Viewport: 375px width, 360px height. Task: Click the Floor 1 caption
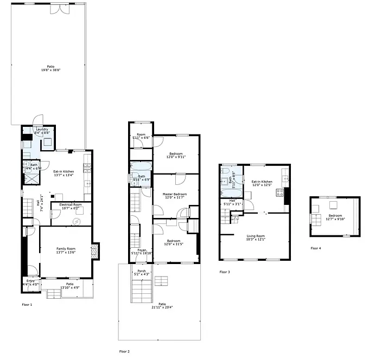pyautogui.click(x=27, y=305)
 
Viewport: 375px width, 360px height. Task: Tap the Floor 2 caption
pyautogui.click(x=124, y=351)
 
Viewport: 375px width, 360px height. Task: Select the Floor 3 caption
pyautogui.click(x=225, y=272)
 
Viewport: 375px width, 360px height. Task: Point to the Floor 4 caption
pyautogui.click(x=315, y=248)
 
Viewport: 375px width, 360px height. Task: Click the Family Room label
pyautogui.click(x=66, y=249)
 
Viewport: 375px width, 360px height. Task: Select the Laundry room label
pyautogui.click(x=42, y=130)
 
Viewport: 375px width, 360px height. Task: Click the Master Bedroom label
pyautogui.click(x=175, y=194)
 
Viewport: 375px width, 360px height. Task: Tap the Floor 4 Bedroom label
pyautogui.click(x=335, y=216)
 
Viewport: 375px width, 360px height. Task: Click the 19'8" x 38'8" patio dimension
pyautogui.click(x=50, y=70)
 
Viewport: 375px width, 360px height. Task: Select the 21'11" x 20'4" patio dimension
pyautogui.click(x=162, y=307)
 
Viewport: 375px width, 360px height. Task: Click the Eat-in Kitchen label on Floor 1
pyautogui.click(x=63, y=172)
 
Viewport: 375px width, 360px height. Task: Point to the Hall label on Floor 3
pyautogui.click(x=232, y=201)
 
